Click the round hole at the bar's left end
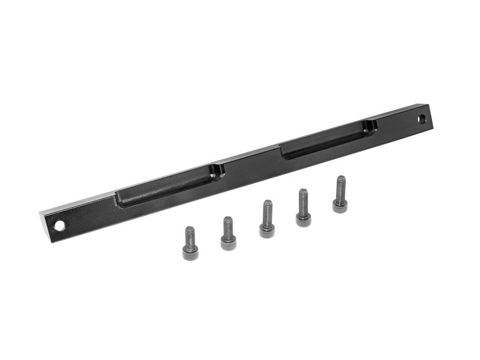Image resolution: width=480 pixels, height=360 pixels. pos(60,226)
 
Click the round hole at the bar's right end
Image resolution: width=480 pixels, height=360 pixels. pos(422,119)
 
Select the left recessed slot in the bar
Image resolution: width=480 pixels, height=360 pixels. pos(168,186)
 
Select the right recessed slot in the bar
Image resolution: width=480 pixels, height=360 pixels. pos(327,139)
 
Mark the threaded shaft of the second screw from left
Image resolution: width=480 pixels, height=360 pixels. pos(228,226)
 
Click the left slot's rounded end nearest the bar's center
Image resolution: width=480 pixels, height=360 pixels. pos(217,172)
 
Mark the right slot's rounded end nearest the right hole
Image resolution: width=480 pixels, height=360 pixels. pos(371,126)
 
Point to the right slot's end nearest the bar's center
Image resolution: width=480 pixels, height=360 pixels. pos(287,151)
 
